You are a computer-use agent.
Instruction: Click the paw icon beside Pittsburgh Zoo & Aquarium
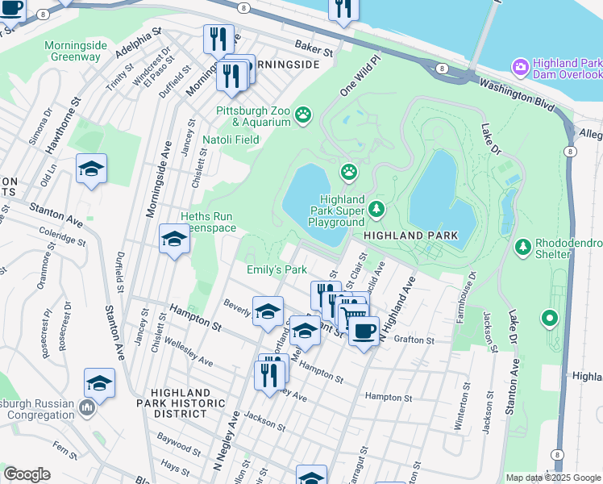pos(303,115)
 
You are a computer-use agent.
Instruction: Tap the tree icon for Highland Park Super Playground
pos(376,211)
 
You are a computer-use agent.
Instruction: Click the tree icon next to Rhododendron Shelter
pos(522,244)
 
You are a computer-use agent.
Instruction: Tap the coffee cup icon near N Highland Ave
pos(364,330)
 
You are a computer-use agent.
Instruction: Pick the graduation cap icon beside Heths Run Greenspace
pos(173,240)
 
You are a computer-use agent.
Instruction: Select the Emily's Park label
pos(277,269)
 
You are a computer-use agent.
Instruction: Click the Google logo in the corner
pos(27,474)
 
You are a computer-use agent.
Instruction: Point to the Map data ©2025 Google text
pos(553,478)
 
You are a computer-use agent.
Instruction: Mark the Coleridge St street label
pos(62,235)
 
